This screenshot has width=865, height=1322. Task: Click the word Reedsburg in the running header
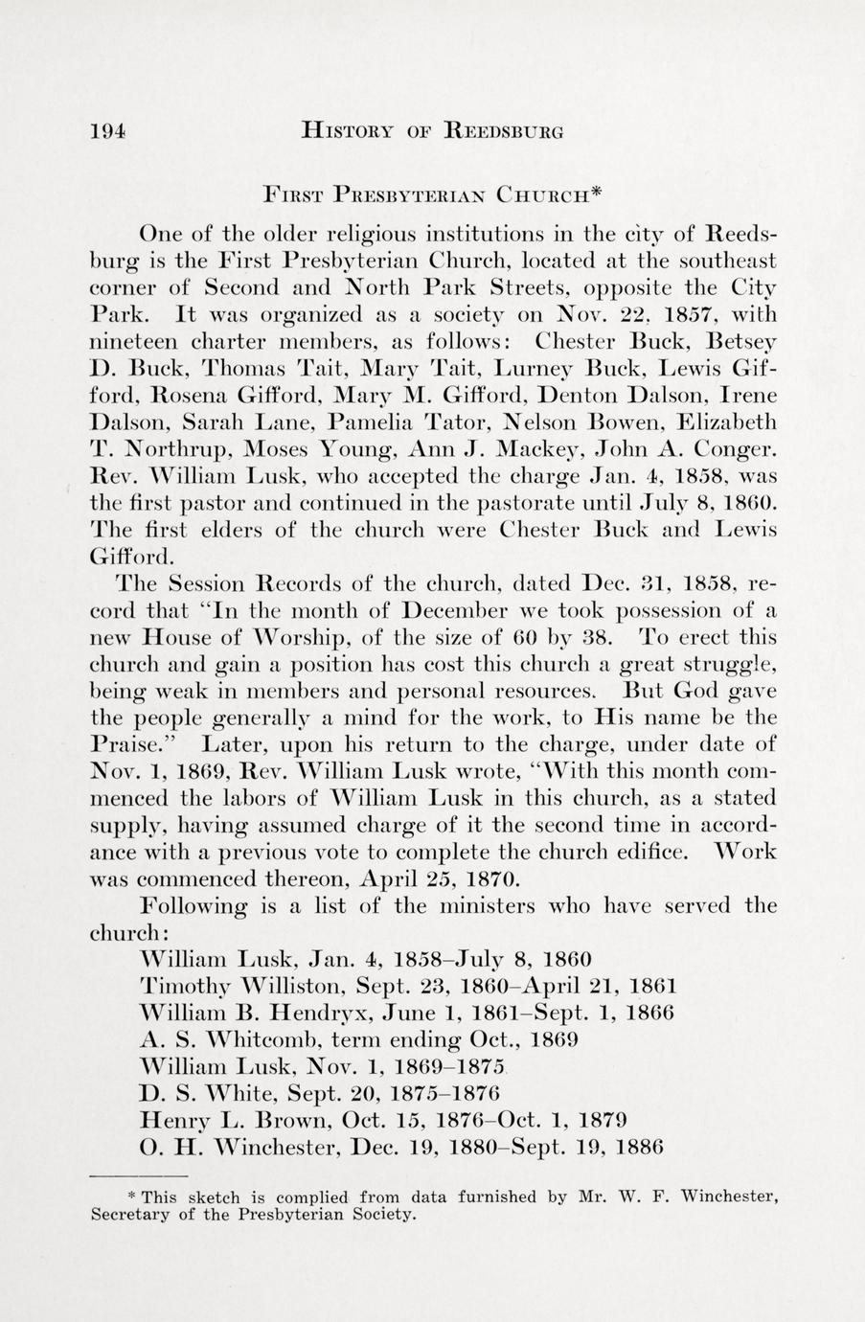504,130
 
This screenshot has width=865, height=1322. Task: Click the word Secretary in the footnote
135,1216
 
